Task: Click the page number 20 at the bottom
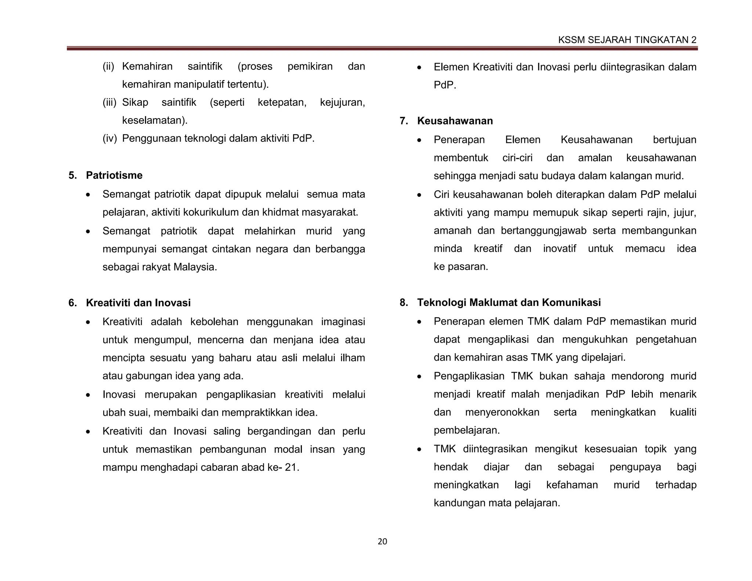click(382, 541)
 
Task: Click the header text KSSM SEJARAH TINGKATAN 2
click(627, 40)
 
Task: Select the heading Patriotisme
click(114, 175)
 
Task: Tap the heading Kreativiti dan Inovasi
click(138, 303)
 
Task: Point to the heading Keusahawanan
click(455, 121)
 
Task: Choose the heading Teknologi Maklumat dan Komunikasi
click(509, 302)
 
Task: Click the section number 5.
click(72, 175)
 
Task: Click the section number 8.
click(404, 302)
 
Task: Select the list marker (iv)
click(109, 138)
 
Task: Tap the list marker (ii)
click(108, 66)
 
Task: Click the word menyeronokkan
click(502, 412)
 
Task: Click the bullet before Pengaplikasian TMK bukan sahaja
click(419, 376)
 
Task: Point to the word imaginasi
click(343, 322)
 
